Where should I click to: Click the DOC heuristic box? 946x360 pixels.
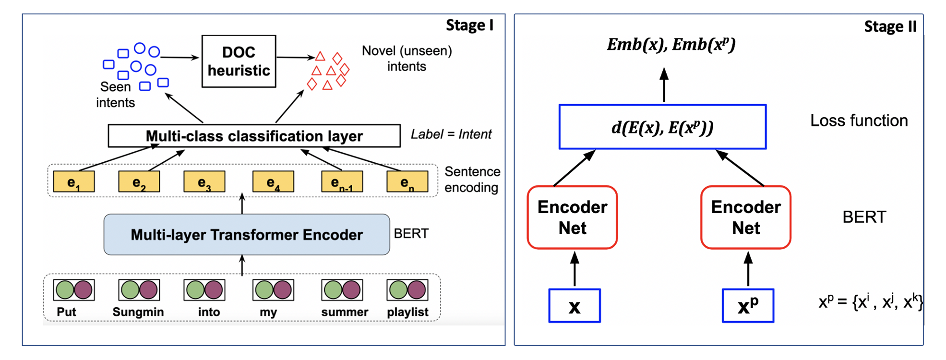239,61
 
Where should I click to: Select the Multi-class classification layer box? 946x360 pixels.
254,136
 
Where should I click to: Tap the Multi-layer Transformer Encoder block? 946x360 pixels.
247,234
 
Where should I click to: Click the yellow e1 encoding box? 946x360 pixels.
73,182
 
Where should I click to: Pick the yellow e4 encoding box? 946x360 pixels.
273,182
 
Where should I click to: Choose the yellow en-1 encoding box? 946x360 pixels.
342,182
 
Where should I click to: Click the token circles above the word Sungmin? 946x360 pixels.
139,290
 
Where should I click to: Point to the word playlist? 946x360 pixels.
407,312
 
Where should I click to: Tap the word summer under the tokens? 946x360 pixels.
345,312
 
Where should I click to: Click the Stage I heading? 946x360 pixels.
469,25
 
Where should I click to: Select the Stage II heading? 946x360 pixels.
890,26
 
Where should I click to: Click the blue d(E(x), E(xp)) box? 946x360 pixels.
662,127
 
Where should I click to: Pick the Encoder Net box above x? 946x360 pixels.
572,217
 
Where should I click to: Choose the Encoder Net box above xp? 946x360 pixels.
745,217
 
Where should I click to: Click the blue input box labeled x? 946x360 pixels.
575,306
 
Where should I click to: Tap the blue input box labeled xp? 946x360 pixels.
748,306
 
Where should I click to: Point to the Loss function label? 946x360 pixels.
859,120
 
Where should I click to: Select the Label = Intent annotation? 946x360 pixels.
451,134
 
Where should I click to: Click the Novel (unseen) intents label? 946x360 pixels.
407,58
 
